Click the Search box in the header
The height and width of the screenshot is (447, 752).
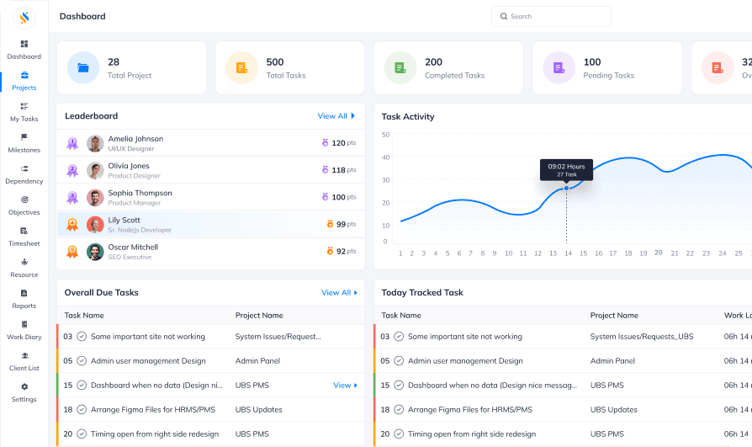(551, 16)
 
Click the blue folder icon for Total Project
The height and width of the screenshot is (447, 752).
(83, 68)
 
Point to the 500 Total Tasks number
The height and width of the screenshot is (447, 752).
(275, 61)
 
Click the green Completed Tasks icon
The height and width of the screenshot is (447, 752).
(400, 68)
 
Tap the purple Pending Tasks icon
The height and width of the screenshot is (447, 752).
(559, 68)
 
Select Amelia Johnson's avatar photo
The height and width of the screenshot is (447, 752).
(95, 143)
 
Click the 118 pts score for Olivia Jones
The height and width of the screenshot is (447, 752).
(339, 170)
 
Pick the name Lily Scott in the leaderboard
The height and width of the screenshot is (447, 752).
(124, 220)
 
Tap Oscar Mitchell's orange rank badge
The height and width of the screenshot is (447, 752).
(72, 251)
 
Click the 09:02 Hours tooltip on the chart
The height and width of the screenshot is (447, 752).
(566, 169)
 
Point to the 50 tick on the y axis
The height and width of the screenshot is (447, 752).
(385, 135)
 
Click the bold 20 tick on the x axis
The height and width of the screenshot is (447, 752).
(659, 253)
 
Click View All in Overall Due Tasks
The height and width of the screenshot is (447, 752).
(339, 293)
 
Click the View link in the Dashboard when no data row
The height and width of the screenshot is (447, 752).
(344, 386)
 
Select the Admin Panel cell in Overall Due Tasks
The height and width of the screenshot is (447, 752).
(258, 361)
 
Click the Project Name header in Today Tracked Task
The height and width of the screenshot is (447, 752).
(614, 316)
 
